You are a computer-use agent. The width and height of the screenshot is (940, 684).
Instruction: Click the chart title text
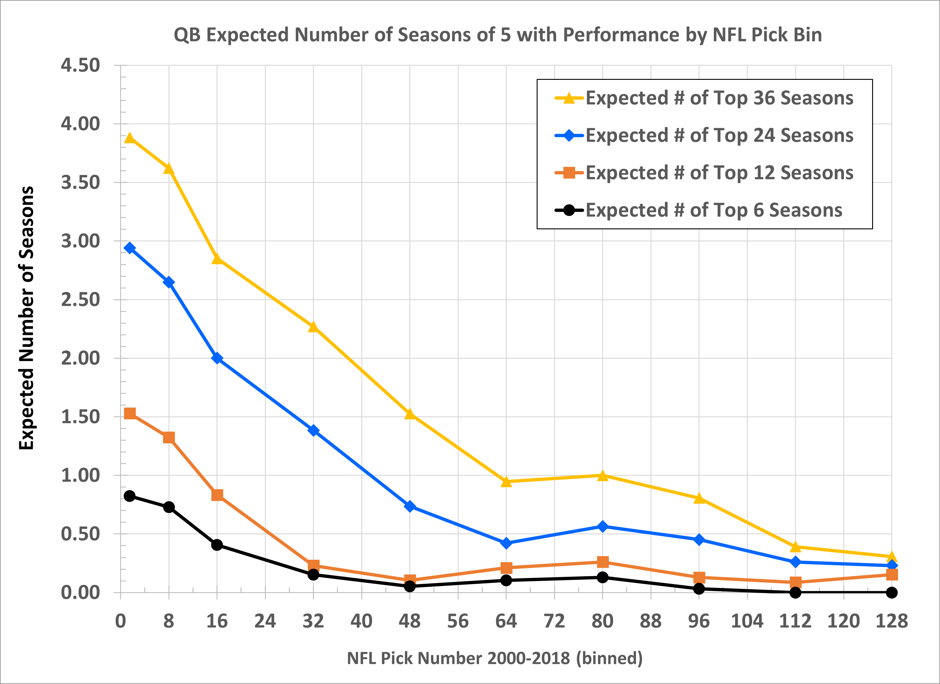497,35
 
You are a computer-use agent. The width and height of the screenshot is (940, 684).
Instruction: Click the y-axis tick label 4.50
80,65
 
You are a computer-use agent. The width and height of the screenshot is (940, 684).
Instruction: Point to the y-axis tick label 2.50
80,300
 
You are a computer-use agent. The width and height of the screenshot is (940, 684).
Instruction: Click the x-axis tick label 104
747,621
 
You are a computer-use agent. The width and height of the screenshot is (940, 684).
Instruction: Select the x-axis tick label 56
458,621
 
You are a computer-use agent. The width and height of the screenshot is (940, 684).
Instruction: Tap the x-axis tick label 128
892,621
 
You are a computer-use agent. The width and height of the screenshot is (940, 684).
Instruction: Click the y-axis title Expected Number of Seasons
26,318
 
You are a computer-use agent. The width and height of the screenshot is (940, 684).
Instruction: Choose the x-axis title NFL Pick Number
494,658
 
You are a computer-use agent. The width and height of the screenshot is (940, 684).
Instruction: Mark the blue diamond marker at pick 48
410,506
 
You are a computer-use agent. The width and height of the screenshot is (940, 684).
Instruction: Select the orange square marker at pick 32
313,565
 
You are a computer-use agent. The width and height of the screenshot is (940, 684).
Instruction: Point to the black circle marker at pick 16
217,545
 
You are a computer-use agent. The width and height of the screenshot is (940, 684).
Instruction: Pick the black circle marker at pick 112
795,592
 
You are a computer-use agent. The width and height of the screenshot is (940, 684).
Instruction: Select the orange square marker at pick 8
169,438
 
